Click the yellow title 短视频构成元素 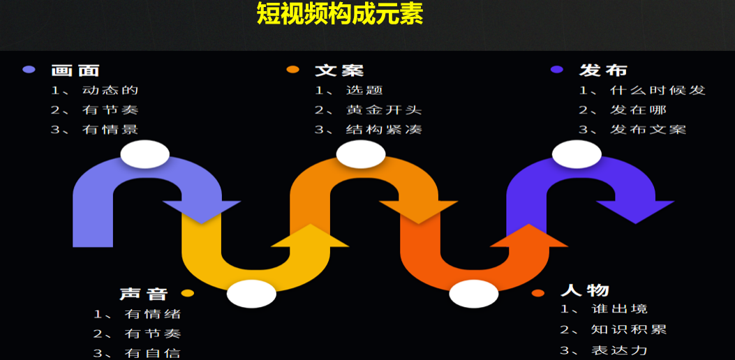click(340, 13)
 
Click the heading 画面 click(75, 70)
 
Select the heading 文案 click(339, 70)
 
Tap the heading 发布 click(603, 70)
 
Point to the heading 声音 click(143, 294)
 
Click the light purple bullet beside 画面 click(29, 70)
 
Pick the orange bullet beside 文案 click(293, 70)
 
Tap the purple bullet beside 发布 click(556, 70)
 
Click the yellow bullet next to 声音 click(187, 294)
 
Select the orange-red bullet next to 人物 click(537, 293)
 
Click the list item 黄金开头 click(383, 110)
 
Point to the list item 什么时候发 click(658, 90)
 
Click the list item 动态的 click(110, 90)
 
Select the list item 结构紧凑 click(383, 129)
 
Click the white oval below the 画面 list click(144, 154)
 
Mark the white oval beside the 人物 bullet click(474, 294)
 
